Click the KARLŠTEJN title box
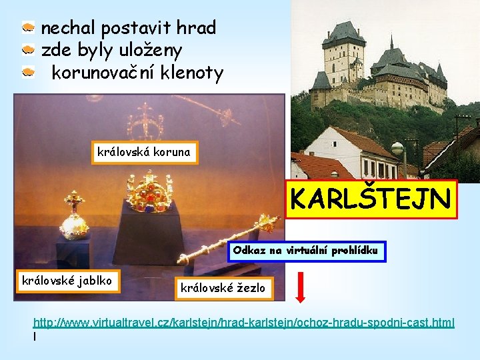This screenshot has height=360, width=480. (371, 199)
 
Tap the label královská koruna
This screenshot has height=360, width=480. (143, 152)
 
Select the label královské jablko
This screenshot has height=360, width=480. (67, 279)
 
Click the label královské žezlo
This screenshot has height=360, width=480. (223, 288)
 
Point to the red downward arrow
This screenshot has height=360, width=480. (300, 286)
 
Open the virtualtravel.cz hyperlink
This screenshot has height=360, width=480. (243, 323)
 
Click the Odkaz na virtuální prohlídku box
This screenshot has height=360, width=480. (306, 251)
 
